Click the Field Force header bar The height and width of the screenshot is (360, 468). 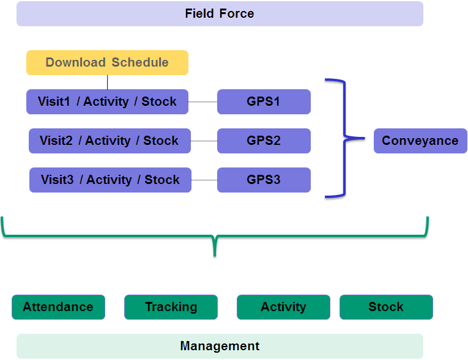click(220, 13)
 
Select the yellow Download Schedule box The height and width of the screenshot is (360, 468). click(107, 62)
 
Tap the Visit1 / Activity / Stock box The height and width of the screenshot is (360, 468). click(107, 101)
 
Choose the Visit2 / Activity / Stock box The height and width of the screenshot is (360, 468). click(110, 141)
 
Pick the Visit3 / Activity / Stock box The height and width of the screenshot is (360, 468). click(110, 180)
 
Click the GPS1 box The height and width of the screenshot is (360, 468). click(264, 101)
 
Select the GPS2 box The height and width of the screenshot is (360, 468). click(264, 141)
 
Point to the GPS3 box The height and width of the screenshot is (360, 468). click(264, 180)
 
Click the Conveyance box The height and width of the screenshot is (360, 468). click(420, 141)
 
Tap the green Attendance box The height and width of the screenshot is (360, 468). click(59, 307)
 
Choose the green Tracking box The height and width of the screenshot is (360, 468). click(171, 307)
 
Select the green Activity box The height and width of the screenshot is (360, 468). click(283, 307)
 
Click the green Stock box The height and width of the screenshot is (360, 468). click(386, 307)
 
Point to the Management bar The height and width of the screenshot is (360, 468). click(220, 347)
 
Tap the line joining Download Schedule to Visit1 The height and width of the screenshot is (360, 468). click(108, 83)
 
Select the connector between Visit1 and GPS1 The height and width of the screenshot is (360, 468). click(202, 101)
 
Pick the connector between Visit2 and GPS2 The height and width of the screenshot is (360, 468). click(204, 141)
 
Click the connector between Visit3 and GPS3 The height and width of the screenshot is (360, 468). click(204, 180)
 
